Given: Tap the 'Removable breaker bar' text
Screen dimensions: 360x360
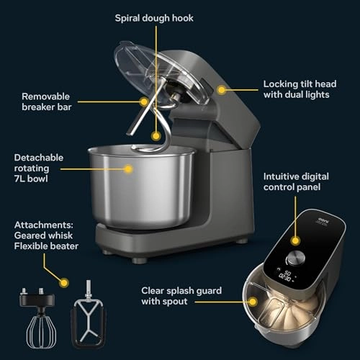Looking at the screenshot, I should (x=48, y=102).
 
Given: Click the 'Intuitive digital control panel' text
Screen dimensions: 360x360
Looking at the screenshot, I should (x=302, y=181).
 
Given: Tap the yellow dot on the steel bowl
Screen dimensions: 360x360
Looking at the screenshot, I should (x=129, y=169).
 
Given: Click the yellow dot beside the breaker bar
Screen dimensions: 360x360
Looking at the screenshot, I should (x=144, y=102).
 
